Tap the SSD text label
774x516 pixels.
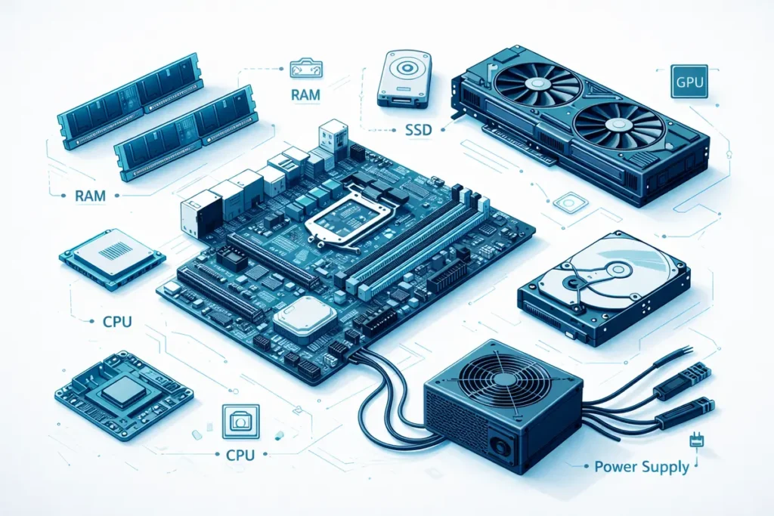[x=413, y=130]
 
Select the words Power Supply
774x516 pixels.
[x=642, y=466]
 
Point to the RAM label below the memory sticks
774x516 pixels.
[x=90, y=196]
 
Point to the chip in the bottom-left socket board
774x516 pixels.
[x=122, y=391]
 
